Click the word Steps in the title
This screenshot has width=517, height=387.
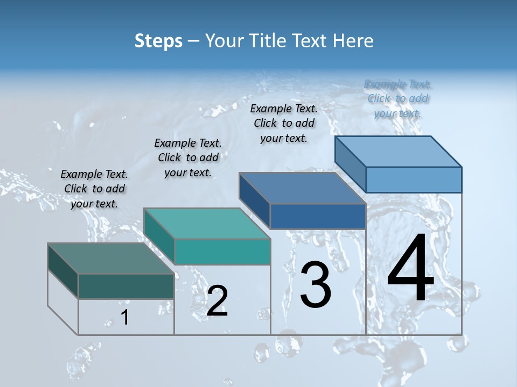[158, 41]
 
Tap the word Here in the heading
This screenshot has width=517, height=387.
[352, 41]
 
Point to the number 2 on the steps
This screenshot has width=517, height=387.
[217, 301]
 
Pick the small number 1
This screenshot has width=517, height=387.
[125, 317]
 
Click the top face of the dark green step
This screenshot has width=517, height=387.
[110, 258]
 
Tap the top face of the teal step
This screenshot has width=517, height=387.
[207, 223]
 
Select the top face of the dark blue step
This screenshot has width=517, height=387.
[302, 188]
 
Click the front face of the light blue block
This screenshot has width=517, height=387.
[414, 180]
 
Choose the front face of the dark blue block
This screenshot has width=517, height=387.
[318, 216]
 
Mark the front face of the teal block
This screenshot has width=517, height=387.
[222, 252]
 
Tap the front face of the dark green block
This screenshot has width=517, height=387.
[126, 286]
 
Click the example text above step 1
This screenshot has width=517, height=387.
[94, 189]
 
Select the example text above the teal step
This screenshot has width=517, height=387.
[188, 157]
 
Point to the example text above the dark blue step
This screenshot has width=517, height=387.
[284, 123]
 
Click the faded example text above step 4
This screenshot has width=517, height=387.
[398, 98]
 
